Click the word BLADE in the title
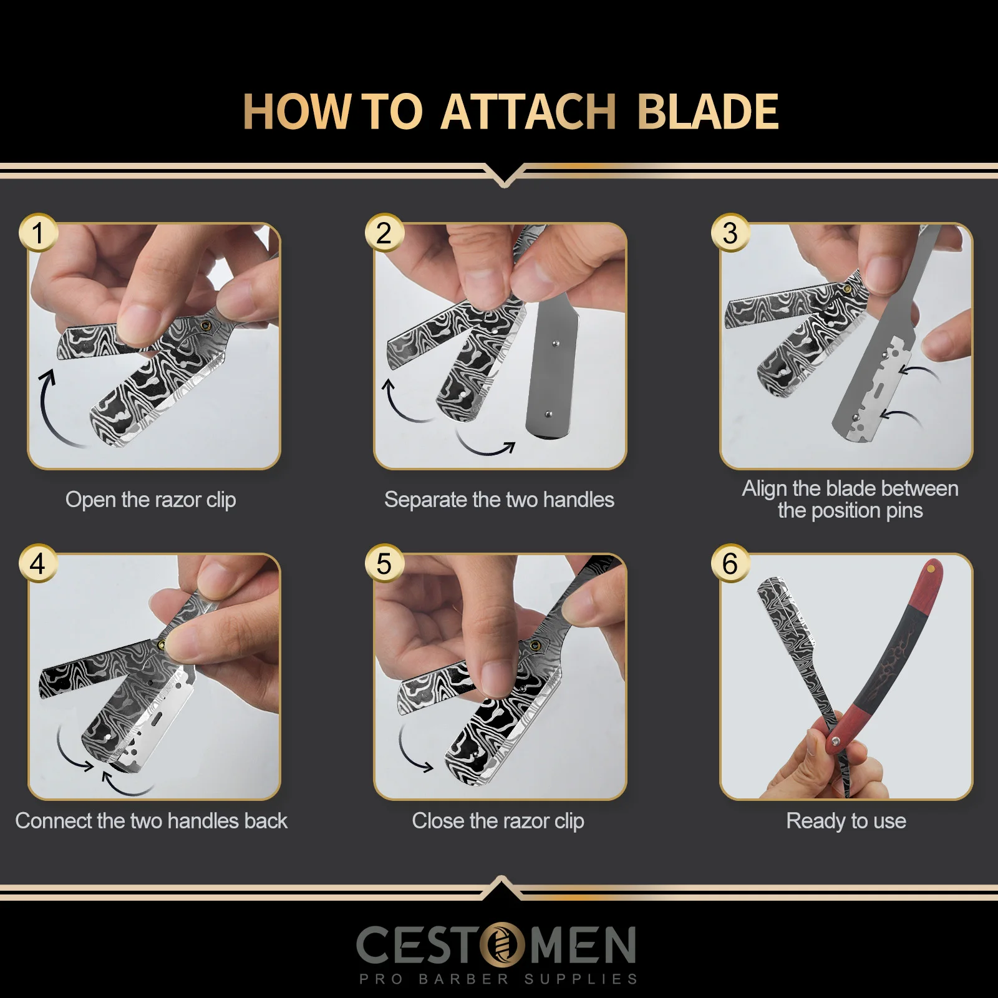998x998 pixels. click(x=707, y=112)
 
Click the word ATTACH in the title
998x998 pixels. click(x=528, y=112)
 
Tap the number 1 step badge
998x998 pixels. click(x=38, y=233)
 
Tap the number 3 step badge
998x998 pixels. click(x=730, y=233)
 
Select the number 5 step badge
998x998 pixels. click(x=384, y=564)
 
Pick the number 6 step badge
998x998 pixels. click(x=730, y=564)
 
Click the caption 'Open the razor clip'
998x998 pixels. click(x=150, y=500)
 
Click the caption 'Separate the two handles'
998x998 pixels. click(x=499, y=500)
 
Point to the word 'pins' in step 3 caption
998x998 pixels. click(x=904, y=511)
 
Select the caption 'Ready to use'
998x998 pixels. click(x=846, y=821)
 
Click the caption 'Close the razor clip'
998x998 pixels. click(x=498, y=821)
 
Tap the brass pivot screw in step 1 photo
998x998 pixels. click(x=206, y=326)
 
